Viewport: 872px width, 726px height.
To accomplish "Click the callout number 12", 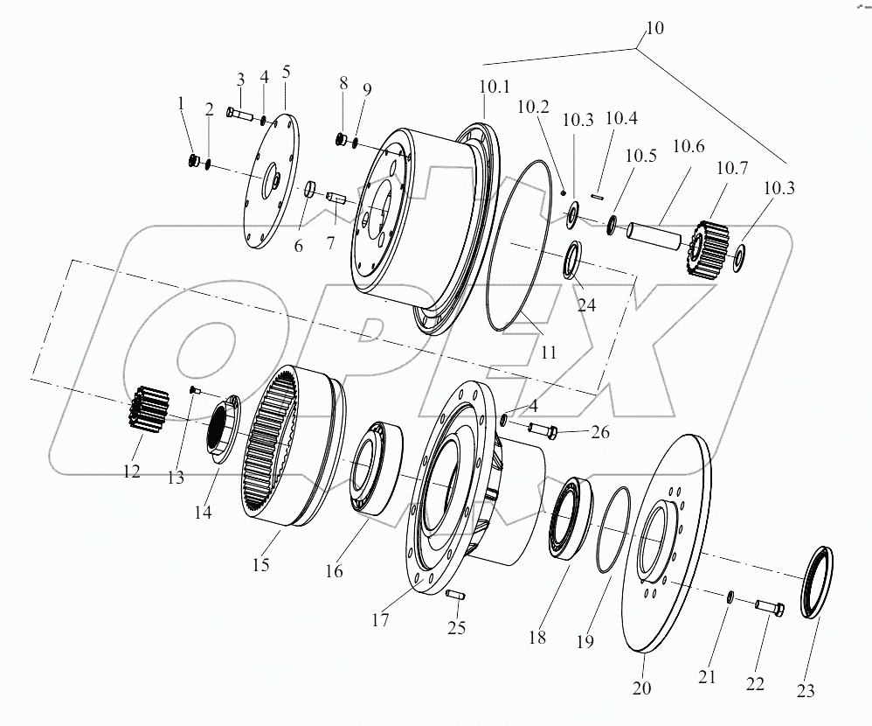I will tap(131, 471).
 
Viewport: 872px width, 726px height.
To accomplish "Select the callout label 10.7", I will tap(731, 168).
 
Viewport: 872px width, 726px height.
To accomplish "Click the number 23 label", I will tap(806, 692).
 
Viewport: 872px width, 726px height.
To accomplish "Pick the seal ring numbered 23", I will tap(816, 581).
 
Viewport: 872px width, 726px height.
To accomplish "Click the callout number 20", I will tap(641, 688).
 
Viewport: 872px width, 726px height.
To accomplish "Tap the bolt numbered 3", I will tap(238, 113).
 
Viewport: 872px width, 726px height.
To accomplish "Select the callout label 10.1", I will tap(493, 87).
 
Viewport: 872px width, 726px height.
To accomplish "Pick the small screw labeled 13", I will tap(194, 391).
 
